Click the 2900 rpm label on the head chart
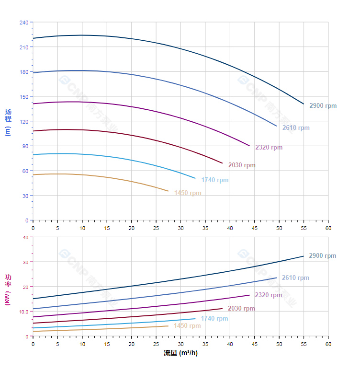323,105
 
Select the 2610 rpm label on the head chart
296,127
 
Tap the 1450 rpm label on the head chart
188,193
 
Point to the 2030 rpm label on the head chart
242,165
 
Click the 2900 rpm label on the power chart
323,256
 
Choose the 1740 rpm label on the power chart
214,318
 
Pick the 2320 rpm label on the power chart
269,295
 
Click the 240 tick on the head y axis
24,23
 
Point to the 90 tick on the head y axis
25,146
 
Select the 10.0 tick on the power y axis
24,312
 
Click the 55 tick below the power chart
304,344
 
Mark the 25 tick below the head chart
156,228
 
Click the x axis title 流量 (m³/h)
180,353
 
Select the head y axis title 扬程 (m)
8,122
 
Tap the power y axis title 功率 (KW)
8,289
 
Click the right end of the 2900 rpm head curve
304,104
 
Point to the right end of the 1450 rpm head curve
169,191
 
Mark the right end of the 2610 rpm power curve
277,278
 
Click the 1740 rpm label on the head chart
214,180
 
